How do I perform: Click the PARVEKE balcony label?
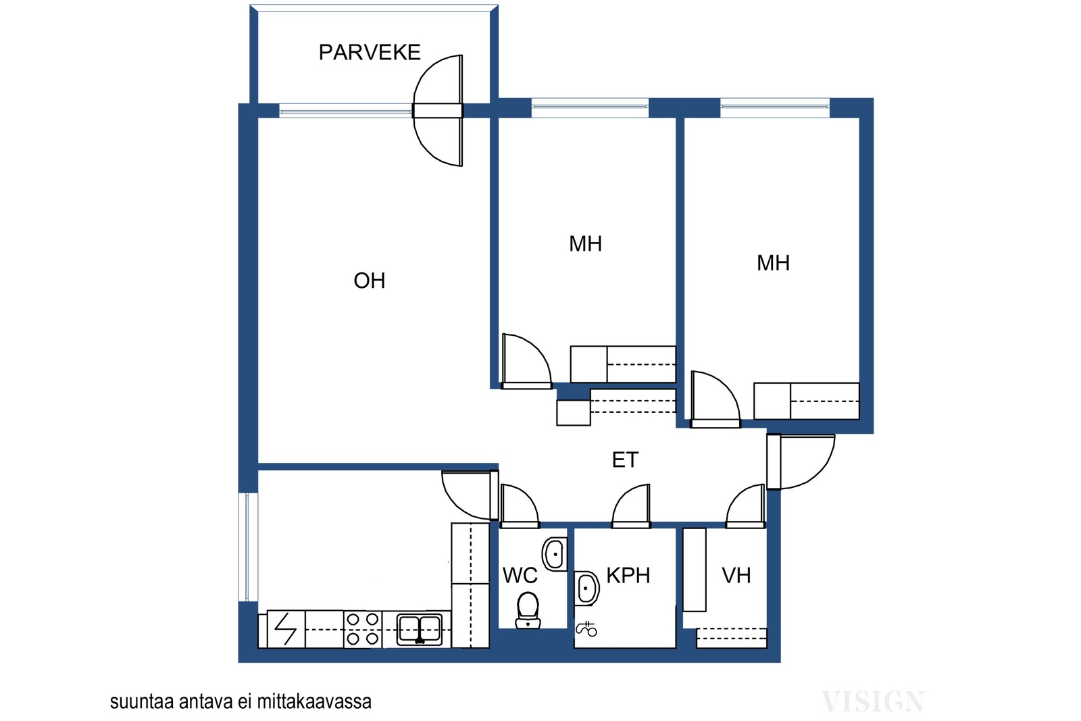pyautogui.click(x=369, y=52)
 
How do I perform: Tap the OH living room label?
pyautogui.click(x=369, y=280)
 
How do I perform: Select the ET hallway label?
pyautogui.click(x=625, y=460)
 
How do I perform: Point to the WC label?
pyautogui.click(x=520, y=575)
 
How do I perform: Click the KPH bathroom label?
pyautogui.click(x=628, y=575)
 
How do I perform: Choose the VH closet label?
pyautogui.click(x=736, y=575)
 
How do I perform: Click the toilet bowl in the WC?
pyautogui.click(x=528, y=610)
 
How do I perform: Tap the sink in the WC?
pyautogui.click(x=555, y=554)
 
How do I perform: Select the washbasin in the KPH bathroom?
pyautogui.click(x=586, y=589)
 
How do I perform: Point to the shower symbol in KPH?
pyautogui.click(x=586, y=629)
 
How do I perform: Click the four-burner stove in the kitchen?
pyautogui.click(x=362, y=629)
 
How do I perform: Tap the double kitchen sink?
pyautogui.click(x=419, y=629)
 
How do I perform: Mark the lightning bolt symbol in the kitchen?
pyautogui.click(x=285, y=629)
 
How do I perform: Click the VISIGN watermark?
pyautogui.click(x=872, y=701)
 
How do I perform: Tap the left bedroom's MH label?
pyautogui.click(x=585, y=244)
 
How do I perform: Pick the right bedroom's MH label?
pyautogui.click(x=773, y=263)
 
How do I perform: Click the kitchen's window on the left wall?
pyautogui.click(x=248, y=547)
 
